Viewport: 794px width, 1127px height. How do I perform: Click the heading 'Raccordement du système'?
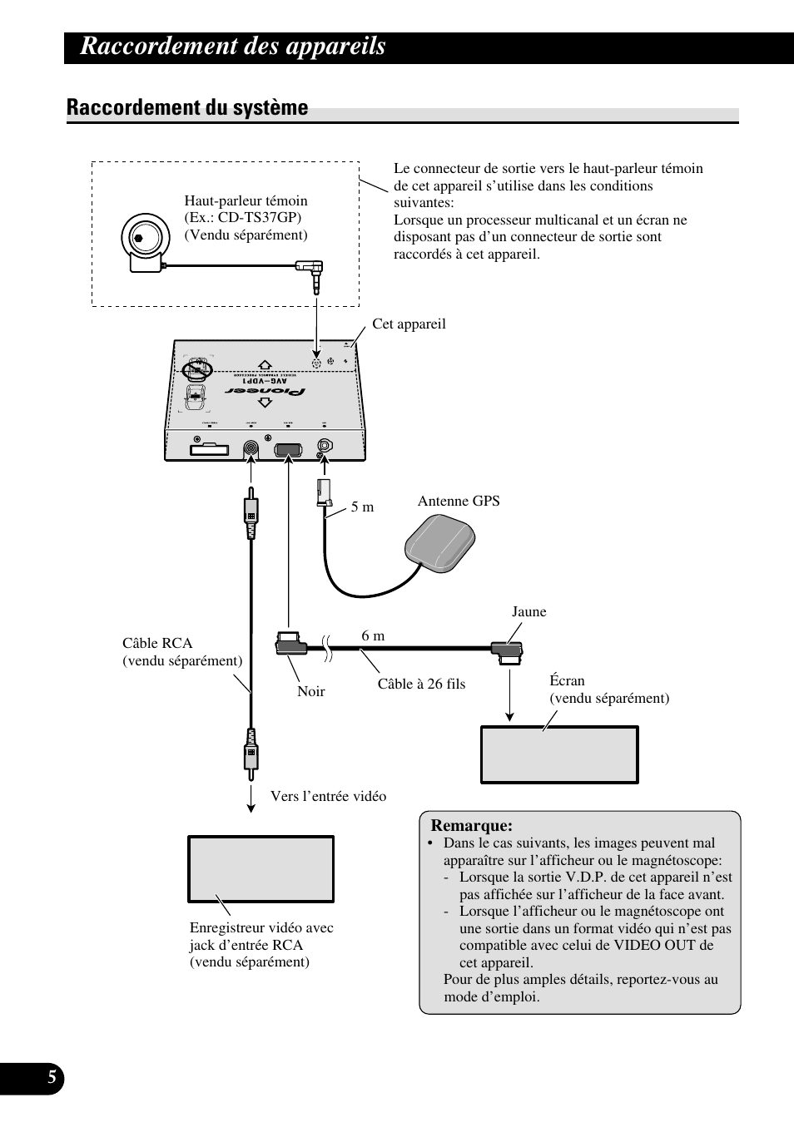tap(187, 107)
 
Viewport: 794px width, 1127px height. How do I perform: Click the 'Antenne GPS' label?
tap(459, 501)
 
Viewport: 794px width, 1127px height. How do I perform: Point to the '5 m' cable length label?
tap(362, 507)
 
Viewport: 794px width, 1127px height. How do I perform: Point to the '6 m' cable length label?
tap(373, 635)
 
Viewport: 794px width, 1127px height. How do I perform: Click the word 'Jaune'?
tap(529, 611)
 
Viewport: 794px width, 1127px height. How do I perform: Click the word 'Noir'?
tap(311, 691)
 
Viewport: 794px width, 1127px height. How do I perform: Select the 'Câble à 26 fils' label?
tap(421, 684)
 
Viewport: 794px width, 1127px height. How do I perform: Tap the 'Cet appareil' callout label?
tap(409, 324)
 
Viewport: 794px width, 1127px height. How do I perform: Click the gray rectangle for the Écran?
tap(559, 754)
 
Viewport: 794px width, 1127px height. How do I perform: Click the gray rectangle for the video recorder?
tap(261, 869)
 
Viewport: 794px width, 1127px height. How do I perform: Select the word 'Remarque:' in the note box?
tap(471, 825)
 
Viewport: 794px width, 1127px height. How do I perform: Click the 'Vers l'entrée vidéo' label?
tap(328, 796)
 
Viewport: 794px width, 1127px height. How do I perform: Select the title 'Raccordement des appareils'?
tap(233, 47)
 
